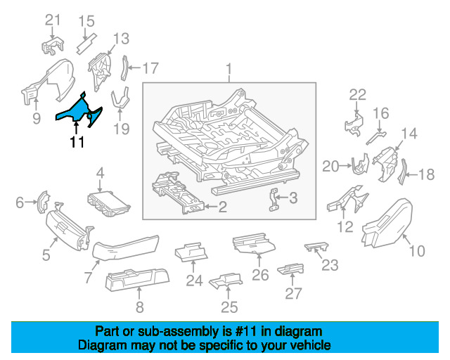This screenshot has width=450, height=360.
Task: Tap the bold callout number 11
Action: [77, 142]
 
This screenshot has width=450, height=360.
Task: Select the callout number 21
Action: [53, 20]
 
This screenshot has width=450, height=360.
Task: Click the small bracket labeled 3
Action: [274, 200]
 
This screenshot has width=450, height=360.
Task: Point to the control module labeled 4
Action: [108, 203]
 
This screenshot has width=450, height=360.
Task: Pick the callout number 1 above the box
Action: [229, 70]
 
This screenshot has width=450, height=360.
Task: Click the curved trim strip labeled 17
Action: [125, 68]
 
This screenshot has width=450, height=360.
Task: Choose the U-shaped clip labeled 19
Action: [120, 101]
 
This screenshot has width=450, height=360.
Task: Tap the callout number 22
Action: [358, 95]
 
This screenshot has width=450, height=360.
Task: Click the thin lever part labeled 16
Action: [376, 138]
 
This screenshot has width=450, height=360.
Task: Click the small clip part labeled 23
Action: [316, 246]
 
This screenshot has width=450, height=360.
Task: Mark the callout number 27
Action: [293, 293]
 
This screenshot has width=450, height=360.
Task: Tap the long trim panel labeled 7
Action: [125, 247]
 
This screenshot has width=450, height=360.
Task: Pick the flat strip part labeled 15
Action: [86, 44]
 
